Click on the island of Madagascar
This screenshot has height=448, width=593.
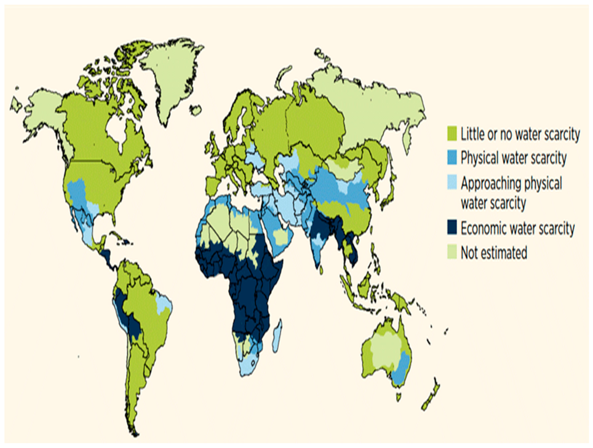277,336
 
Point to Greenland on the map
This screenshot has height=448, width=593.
172,78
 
